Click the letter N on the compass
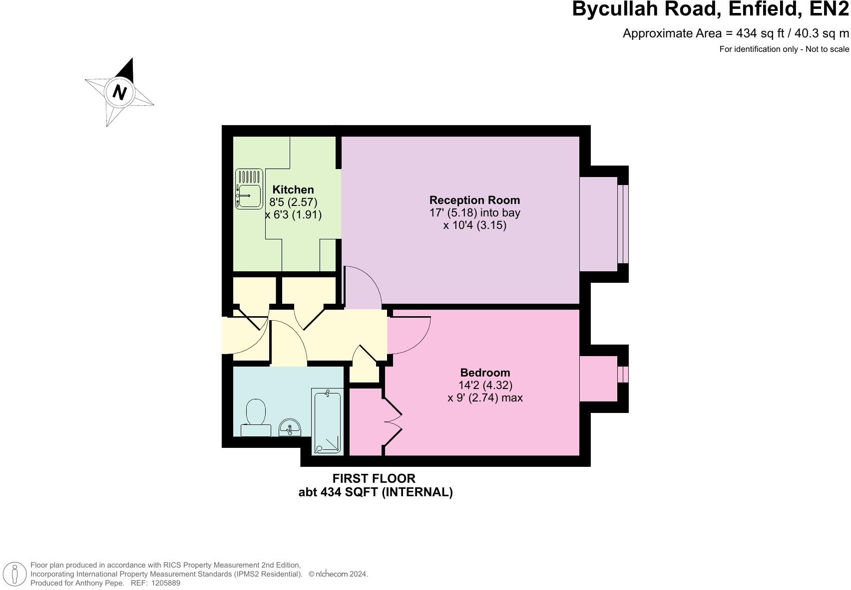[x=119, y=92]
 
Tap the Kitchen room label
[x=293, y=190]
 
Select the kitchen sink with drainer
[x=249, y=189]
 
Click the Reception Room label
[x=474, y=200]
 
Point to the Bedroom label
[x=485, y=373]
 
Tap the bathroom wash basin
[x=290, y=427]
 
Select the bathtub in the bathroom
[x=327, y=421]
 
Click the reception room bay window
[x=623, y=224]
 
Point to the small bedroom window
[x=623, y=374]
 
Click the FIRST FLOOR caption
[x=374, y=478]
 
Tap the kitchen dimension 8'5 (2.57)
[x=293, y=202]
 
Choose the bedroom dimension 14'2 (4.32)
[x=485, y=385]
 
